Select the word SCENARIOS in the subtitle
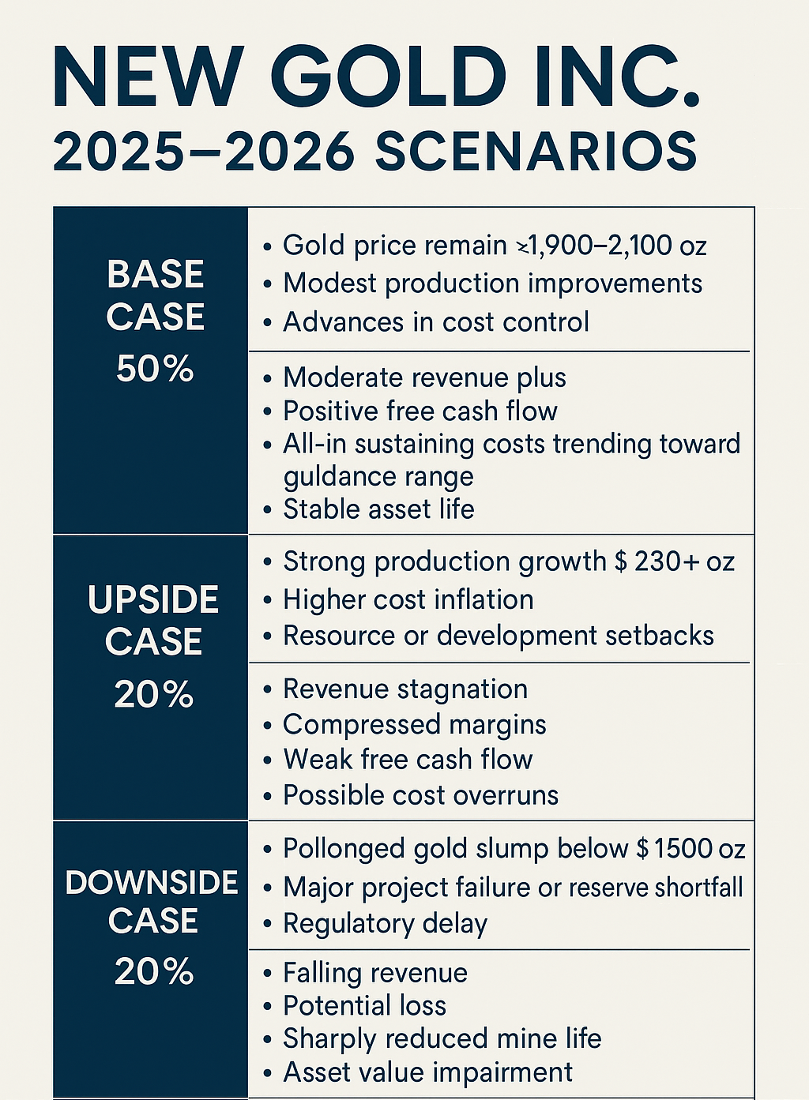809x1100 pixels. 536,152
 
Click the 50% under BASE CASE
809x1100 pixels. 155,369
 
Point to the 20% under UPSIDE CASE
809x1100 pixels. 154,695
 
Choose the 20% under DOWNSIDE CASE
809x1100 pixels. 154,971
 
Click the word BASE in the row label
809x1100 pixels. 156,275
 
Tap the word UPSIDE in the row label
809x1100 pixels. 153,600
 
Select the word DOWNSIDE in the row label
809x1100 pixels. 152,882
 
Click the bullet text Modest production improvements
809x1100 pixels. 492,283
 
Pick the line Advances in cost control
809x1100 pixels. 436,322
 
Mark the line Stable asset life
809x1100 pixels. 378,509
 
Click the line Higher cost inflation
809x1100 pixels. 408,599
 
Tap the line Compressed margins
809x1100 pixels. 415,725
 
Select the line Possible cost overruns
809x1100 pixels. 420,795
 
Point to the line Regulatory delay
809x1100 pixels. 386,923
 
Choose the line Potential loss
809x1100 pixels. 365,1006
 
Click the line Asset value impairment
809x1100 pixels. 428,1072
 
